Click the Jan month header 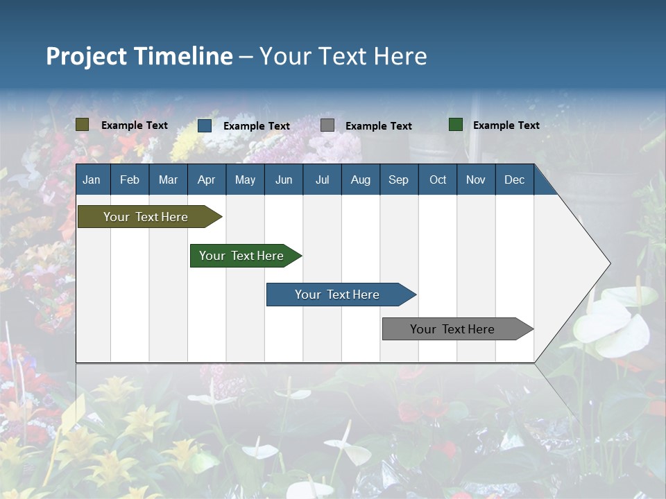(92, 180)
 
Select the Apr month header (206, 180)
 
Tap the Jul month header (322, 180)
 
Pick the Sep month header (398, 180)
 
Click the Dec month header (514, 180)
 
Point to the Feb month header (130, 180)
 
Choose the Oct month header (438, 180)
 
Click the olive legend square (83, 125)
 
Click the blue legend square (205, 125)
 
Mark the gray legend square (327, 125)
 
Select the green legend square (456, 125)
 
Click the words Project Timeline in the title (139, 56)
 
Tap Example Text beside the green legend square (506, 125)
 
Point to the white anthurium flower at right (610, 322)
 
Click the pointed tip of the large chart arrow (609, 263)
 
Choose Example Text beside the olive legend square (135, 125)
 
